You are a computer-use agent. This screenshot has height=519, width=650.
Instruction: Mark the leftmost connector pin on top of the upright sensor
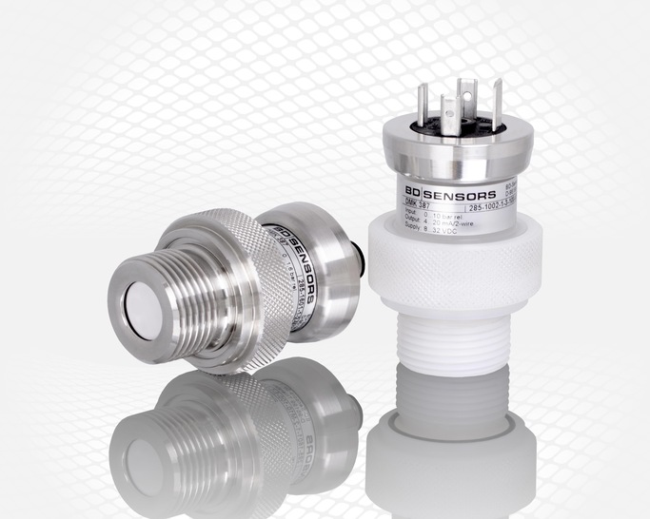(422, 106)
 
